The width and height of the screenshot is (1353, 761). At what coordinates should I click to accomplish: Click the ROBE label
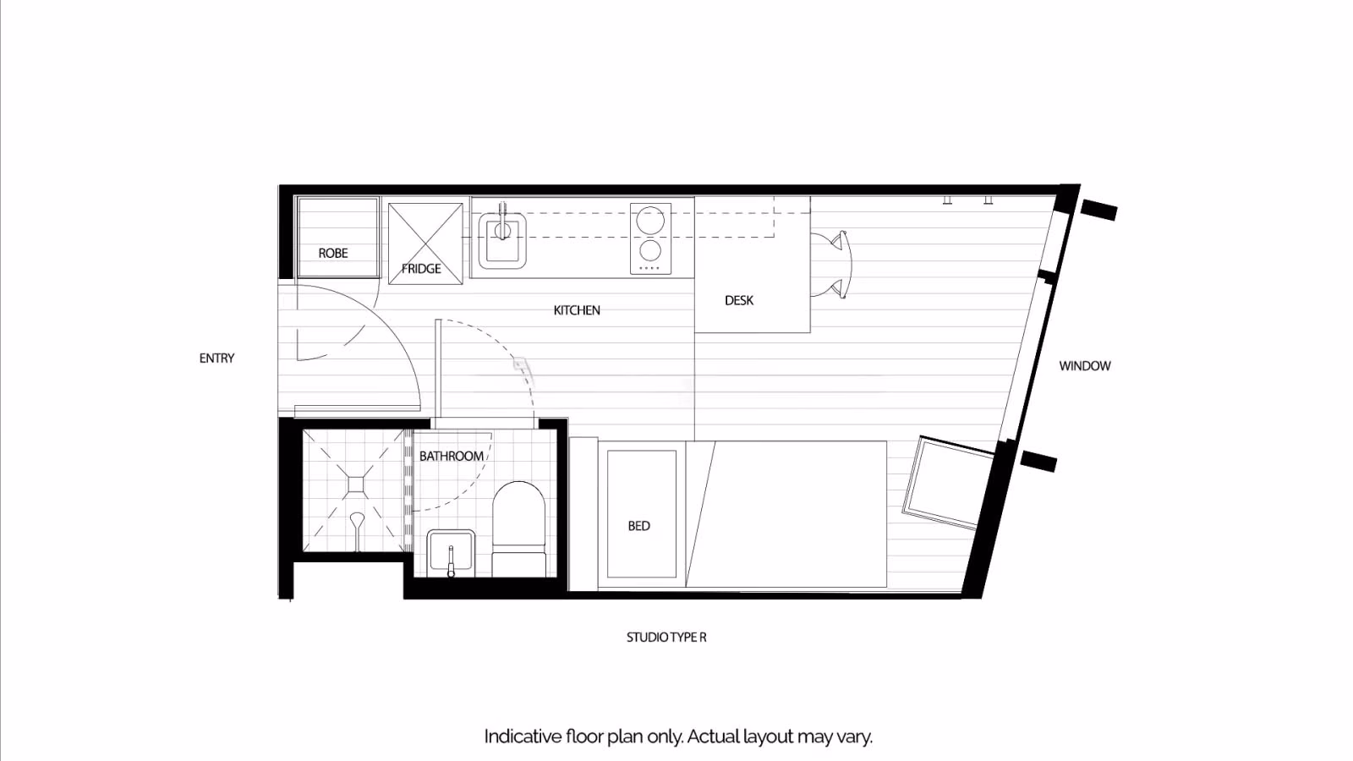333,253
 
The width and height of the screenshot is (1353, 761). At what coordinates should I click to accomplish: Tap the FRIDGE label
421,269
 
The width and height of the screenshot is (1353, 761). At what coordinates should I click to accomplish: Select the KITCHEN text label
577,310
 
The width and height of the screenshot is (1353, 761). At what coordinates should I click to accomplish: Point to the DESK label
739,300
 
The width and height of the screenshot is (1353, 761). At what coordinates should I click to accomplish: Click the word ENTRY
216,359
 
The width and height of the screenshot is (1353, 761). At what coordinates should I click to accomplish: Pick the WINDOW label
1085,366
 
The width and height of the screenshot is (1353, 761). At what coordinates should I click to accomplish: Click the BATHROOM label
452,457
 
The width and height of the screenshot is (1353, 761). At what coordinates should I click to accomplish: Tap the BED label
639,526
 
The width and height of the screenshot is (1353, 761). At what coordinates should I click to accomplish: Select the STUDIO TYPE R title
666,638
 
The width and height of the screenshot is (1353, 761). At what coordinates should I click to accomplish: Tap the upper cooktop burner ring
650,222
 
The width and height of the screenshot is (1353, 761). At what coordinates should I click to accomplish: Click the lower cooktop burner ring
650,251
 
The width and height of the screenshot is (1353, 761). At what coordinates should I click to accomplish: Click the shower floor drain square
356,484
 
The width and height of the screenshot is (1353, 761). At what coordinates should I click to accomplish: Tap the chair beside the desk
832,264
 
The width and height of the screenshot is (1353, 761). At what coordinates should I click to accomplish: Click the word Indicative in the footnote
522,736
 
